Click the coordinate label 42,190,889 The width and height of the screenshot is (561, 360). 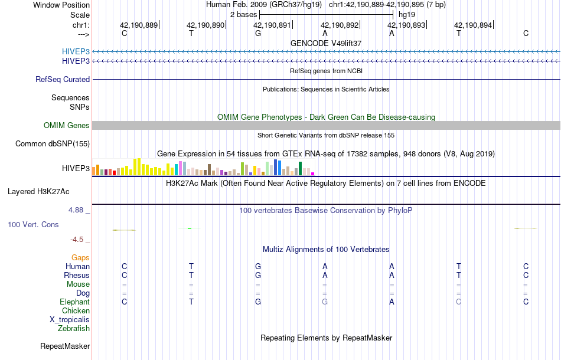pos(139,25)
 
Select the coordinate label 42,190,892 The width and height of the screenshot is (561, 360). pos(340,25)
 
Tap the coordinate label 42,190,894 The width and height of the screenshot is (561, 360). pos(472,25)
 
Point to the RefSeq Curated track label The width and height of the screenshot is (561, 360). pos(63,79)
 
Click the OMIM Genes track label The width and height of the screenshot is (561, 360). pos(66,125)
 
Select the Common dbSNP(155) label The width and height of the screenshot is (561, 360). pos(53,143)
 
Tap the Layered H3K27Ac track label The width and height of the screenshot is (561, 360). pos(38,191)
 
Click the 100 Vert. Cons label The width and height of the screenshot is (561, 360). pos(33,225)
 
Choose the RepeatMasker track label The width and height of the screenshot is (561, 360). pos(65,346)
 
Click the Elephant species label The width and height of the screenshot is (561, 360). pos(74,302)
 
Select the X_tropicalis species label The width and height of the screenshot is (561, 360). pos(70,320)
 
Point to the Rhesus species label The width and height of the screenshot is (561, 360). pos(77,276)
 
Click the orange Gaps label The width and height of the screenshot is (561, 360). pos(80,258)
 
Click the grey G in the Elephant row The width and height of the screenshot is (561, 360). pos(325,302)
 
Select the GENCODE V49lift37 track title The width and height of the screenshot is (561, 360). pos(325,44)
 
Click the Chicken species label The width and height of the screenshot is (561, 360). pos(76,311)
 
